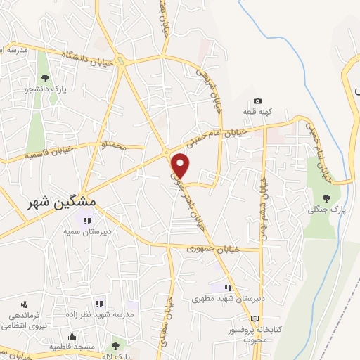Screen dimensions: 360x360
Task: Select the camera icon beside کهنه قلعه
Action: click(257, 102)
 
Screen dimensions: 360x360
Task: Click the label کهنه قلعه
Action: click(257, 112)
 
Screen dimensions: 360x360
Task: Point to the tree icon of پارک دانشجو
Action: click(45, 79)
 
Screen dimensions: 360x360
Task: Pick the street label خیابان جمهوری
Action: click(214, 249)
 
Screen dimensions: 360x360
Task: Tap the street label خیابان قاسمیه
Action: click(50, 152)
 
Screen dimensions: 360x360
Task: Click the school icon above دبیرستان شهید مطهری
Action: click(227, 288)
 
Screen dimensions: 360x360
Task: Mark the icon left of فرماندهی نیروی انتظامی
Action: click(25, 304)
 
